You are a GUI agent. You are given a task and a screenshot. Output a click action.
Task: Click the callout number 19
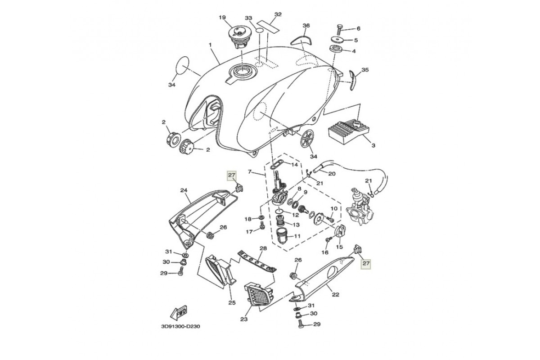[x=222, y=18]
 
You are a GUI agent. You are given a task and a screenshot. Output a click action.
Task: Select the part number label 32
[x=278, y=14]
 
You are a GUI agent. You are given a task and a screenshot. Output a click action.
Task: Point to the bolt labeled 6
[x=340, y=28]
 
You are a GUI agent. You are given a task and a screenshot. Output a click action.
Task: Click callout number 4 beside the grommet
[x=353, y=51]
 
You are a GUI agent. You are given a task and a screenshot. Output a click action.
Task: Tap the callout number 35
[x=365, y=70]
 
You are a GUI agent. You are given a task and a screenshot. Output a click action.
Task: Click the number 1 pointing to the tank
[x=210, y=45]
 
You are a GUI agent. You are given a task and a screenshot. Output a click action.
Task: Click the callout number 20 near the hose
[x=332, y=174]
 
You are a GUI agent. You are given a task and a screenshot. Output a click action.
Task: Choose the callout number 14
[x=294, y=165]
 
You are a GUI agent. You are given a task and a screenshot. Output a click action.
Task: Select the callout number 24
[x=184, y=190]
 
